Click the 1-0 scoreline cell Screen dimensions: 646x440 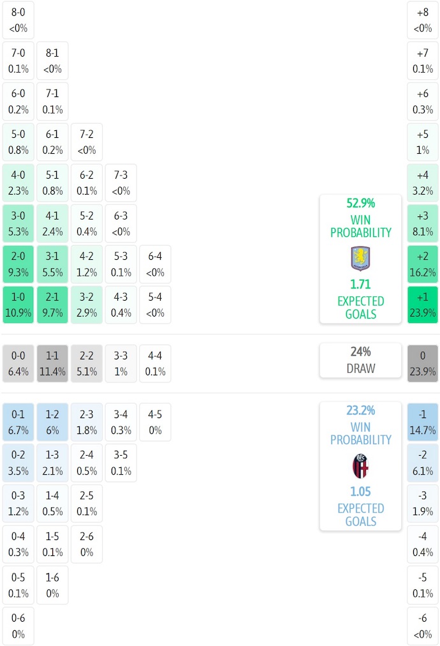tap(18, 305)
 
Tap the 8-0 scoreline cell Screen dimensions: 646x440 tap(18, 20)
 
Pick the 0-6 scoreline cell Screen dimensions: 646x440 tap(18, 626)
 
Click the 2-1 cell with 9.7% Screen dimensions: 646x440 tap(53, 305)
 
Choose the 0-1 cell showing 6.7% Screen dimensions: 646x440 tap(18, 422)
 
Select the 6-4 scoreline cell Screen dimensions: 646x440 tap(155, 264)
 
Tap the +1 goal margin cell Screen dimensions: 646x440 tap(423, 305)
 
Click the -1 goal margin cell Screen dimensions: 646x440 tap(423, 422)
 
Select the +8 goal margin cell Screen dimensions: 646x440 tap(423, 20)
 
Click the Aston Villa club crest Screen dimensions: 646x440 tap(360, 259)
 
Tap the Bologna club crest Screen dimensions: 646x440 tap(360, 466)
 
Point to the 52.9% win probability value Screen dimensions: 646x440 tap(360, 203)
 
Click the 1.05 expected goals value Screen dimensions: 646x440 tap(360, 492)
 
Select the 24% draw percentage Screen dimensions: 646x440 tap(360, 352)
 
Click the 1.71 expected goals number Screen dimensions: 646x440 tap(360, 285)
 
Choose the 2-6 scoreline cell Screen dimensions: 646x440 tap(87, 545)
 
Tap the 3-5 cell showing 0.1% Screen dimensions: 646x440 tap(121, 463)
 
